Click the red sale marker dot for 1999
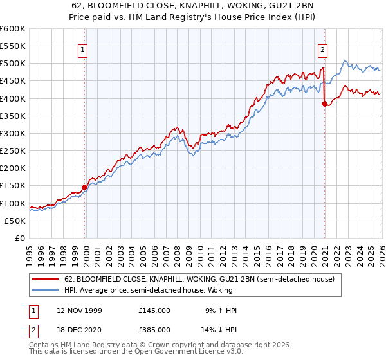pyautogui.click(x=85, y=188)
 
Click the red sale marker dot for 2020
pyautogui.click(x=324, y=104)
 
